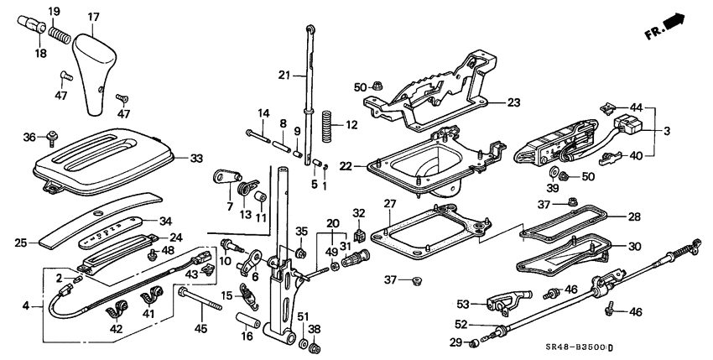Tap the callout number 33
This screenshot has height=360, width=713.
pyautogui.click(x=196, y=157)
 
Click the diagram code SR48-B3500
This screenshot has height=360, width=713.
pyautogui.click(x=638, y=347)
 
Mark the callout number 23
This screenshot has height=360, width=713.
pyautogui.click(x=513, y=102)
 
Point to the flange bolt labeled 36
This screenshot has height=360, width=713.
pyautogui.click(x=53, y=138)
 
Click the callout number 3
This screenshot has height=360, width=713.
pyautogui.click(x=667, y=132)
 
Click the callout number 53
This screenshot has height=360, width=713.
pyautogui.click(x=462, y=303)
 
